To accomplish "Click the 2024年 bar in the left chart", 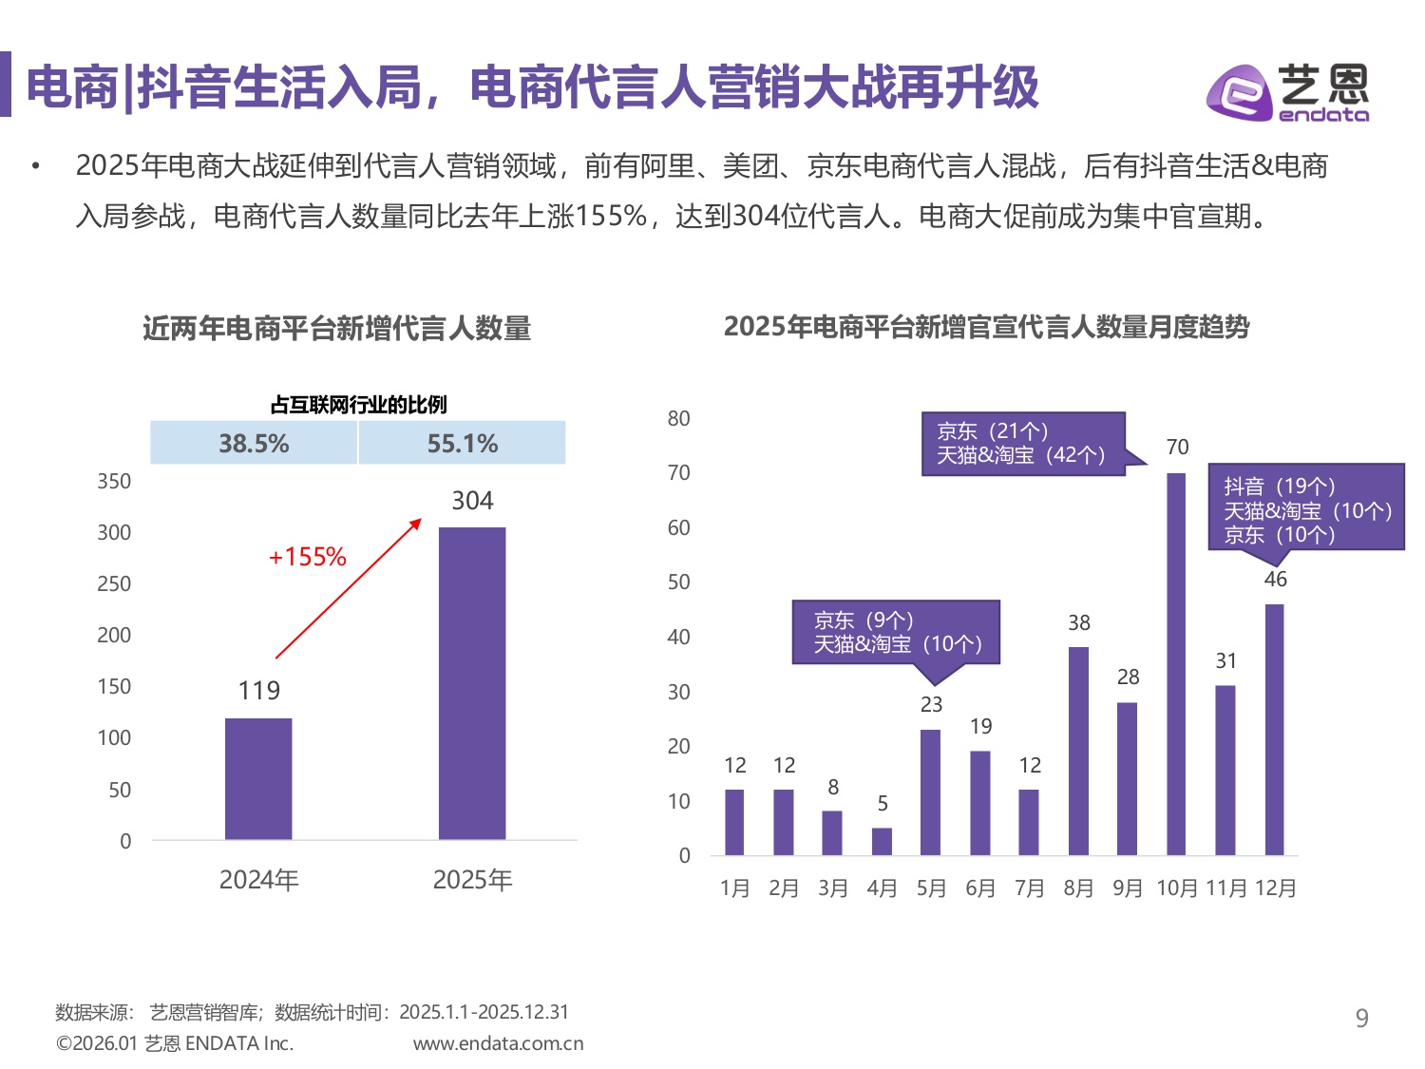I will point(258,778).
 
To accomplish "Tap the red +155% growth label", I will point(307,557).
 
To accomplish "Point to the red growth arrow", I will point(348,588).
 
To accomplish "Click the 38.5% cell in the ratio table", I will point(254,444).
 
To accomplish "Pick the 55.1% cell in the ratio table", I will point(463,444).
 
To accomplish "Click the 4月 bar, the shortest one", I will point(882,842).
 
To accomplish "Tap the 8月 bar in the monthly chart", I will point(1078,751).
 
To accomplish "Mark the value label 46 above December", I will point(1275,579).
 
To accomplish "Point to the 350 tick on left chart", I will point(114,482).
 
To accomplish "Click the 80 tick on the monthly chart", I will point(678,419).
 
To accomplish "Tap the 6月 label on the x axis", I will point(980,888).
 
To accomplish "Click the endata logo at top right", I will point(1287,93).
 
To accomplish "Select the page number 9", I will point(1361,1019).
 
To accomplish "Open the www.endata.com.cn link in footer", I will point(498,1043).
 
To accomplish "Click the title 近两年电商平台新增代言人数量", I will point(336,329).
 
